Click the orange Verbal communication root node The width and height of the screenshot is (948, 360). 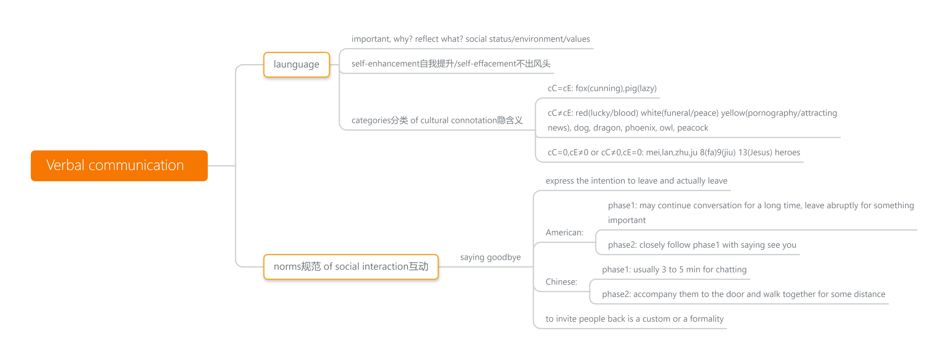click(x=119, y=166)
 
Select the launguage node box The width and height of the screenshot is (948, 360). click(x=296, y=64)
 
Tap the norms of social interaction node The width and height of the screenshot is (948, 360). click(x=351, y=267)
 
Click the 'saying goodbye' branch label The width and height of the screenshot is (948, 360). click(x=490, y=257)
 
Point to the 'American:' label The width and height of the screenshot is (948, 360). click(x=564, y=233)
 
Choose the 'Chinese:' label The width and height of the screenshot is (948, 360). click(x=561, y=282)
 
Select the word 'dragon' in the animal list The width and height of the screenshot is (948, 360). click(x=606, y=128)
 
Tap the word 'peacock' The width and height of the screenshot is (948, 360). click(x=692, y=128)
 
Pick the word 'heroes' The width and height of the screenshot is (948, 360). click(x=787, y=152)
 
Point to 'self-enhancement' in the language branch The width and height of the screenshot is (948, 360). click(x=385, y=64)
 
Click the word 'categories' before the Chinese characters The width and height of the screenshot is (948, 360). click(x=371, y=121)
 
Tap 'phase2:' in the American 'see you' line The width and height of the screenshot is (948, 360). click(x=622, y=245)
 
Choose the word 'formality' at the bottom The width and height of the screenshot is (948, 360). click(x=706, y=319)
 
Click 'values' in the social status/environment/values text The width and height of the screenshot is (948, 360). click(x=578, y=39)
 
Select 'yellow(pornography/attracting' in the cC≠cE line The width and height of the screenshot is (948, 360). click(x=779, y=113)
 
